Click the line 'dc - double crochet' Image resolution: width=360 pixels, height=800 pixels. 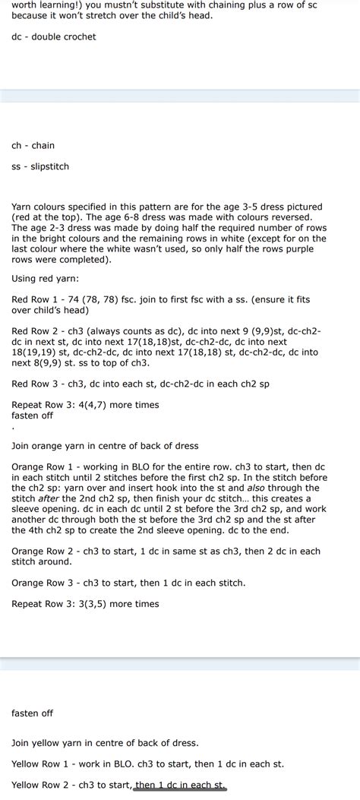coord(54,36)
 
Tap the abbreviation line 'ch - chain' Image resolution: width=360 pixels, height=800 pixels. coord(33,145)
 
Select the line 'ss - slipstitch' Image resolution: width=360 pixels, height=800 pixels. coord(40,166)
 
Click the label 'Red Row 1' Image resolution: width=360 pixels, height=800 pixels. coord(35,299)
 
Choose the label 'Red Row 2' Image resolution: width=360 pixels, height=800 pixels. coord(35,331)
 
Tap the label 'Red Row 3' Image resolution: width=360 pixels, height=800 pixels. coord(35,384)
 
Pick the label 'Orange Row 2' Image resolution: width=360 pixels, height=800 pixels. coord(43,551)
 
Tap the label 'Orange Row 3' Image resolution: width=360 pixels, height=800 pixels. coord(43,583)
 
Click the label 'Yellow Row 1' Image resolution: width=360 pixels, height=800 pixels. coord(41,764)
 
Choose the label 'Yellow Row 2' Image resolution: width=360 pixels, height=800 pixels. coord(41,785)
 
